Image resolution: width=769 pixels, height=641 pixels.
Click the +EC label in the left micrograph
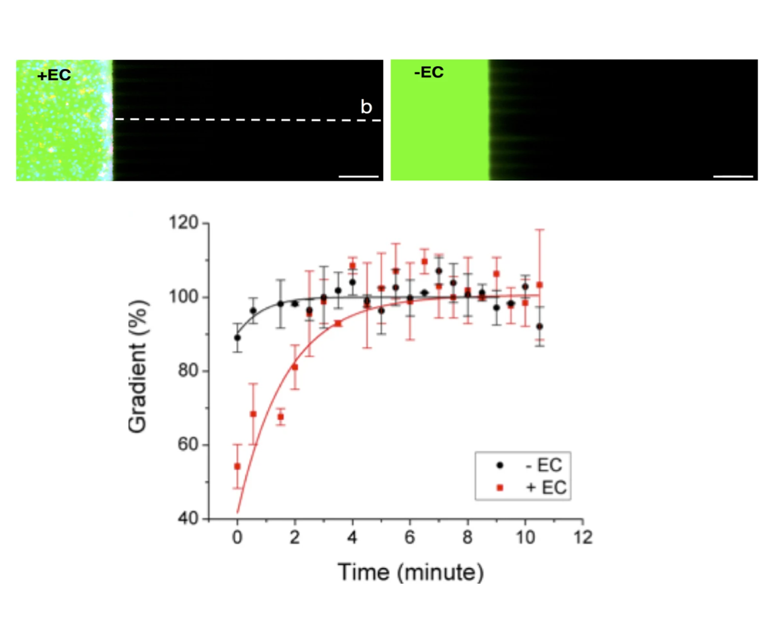(54, 75)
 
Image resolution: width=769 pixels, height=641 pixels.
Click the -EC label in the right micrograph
(429, 73)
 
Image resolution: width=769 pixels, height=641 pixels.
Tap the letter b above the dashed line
(366, 107)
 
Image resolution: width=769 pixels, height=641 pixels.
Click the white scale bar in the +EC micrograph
(359, 177)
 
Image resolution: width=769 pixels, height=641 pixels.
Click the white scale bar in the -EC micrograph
(733, 177)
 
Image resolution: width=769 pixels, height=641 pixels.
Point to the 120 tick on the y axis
(183, 223)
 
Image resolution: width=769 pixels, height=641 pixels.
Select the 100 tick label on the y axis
(183, 297)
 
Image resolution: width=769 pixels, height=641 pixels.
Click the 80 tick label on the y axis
(187, 371)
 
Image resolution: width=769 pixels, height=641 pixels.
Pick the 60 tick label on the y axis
(187, 445)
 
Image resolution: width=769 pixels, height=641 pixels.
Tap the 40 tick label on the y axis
(187, 518)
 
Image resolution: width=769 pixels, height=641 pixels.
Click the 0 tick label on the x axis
(237, 537)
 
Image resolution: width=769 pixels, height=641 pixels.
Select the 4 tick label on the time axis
(353, 537)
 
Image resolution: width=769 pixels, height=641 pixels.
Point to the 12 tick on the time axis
(582, 537)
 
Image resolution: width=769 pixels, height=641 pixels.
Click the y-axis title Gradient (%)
(138, 366)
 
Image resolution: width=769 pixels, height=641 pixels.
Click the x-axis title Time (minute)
(410, 572)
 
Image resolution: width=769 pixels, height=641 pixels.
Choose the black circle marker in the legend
(499, 465)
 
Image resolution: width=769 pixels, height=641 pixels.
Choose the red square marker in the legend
(499, 488)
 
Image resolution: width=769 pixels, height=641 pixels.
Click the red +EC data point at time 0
(237, 466)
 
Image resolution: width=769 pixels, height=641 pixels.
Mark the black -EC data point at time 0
(237, 338)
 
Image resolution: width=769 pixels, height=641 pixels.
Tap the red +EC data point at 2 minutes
(295, 367)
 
